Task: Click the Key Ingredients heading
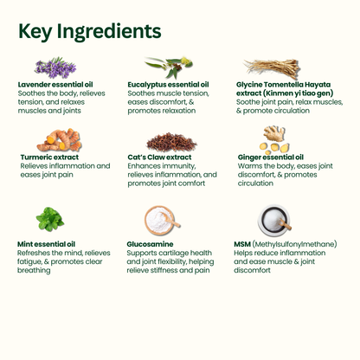pos(90,31)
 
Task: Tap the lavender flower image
pos(55,67)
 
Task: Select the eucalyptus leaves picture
pos(169,67)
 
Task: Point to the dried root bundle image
pos(272,68)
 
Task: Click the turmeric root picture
pos(60,140)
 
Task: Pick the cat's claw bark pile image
pos(171,142)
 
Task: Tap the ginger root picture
pos(274,140)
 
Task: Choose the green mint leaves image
pos(50,219)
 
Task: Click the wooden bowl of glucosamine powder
pos(162,220)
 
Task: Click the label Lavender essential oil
pos(55,85)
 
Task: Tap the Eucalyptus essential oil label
pos(168,85)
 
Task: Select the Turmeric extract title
pos(49,157)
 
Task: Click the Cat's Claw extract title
pos(159,157)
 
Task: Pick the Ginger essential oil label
pos(271,157)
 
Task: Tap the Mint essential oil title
pos(46,244)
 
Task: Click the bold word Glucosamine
pos(150,244)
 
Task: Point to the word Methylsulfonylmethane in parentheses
pos(294,244)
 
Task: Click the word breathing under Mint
pos(34,271)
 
